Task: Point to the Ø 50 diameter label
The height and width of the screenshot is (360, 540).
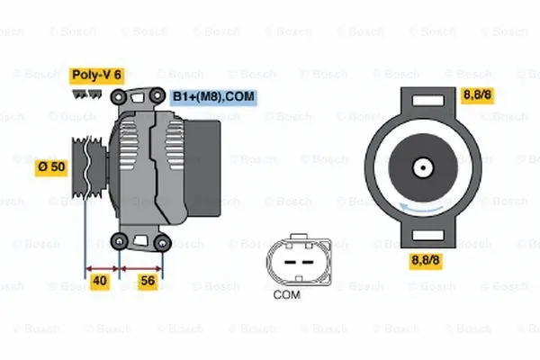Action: (49, 166)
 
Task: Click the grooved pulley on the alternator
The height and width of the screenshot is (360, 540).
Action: (87, 166)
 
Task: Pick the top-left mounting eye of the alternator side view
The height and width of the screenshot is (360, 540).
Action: (118, 95)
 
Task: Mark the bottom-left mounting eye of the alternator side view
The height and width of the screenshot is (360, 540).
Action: (119, 240)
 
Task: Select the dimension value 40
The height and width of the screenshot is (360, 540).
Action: (101, 282)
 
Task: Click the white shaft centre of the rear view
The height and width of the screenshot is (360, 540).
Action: (421, 167)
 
